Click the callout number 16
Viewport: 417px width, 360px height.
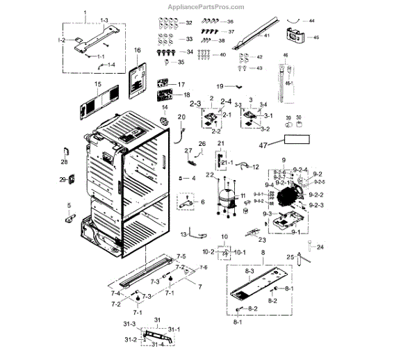(x=137, y=50)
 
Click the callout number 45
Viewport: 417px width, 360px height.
(x=316, y=38)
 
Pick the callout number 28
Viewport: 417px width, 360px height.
(x=64, y=163)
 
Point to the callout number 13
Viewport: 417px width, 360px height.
(x=184, y=234)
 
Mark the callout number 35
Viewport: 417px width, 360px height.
(x=181, y=63)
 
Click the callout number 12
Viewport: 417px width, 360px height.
(x=255, y=167)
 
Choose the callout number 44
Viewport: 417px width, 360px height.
(x=311, y=21)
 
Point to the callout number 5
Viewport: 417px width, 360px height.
(x=69, y=204)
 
